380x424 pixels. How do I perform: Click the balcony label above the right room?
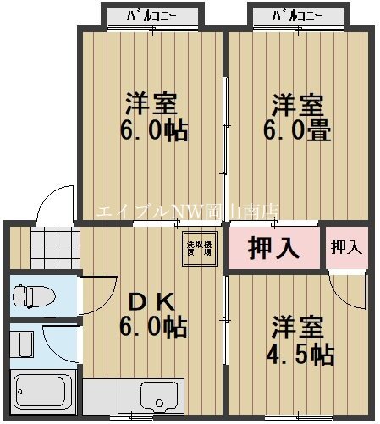click(297, 15)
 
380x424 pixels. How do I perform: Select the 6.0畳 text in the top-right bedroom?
click(298, 132)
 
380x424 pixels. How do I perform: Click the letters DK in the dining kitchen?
click(151, 301)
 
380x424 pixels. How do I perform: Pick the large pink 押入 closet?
click(273, 249)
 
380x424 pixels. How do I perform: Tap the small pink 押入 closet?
click(346, 247)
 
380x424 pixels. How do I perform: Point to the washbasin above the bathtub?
click(23, 344)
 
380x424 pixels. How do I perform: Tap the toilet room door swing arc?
click(94, 293)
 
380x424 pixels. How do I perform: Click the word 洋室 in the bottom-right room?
click(297, 326)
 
